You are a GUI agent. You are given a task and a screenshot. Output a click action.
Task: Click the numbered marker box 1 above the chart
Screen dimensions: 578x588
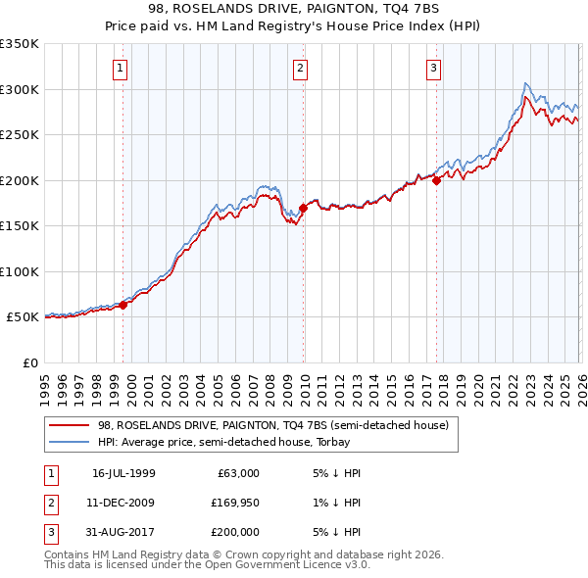[x=120, y=68]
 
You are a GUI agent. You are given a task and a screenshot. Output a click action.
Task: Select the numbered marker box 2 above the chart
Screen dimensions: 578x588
[x=299, y=68]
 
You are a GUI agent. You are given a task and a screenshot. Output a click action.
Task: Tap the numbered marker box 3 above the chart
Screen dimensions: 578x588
[x=432, y=68]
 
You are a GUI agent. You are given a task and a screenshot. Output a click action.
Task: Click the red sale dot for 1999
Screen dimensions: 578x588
[x=123, y=305]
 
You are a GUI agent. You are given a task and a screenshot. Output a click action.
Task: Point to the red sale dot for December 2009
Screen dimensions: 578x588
[x=303, y=208]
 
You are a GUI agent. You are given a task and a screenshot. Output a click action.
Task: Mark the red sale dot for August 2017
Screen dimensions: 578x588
[x=436, y=180]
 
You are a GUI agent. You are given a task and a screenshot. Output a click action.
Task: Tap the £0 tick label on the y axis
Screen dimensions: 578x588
[x=30, y=362]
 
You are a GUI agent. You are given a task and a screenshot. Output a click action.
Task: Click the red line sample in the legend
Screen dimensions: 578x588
[x=70, y=425]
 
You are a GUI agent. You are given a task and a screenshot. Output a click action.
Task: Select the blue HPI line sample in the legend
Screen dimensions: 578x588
[x=70, y=441]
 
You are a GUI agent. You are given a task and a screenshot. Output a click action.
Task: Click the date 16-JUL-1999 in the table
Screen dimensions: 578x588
[x=123, y=473]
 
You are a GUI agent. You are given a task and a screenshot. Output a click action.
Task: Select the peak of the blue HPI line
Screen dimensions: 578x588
[x=526, y=83]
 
